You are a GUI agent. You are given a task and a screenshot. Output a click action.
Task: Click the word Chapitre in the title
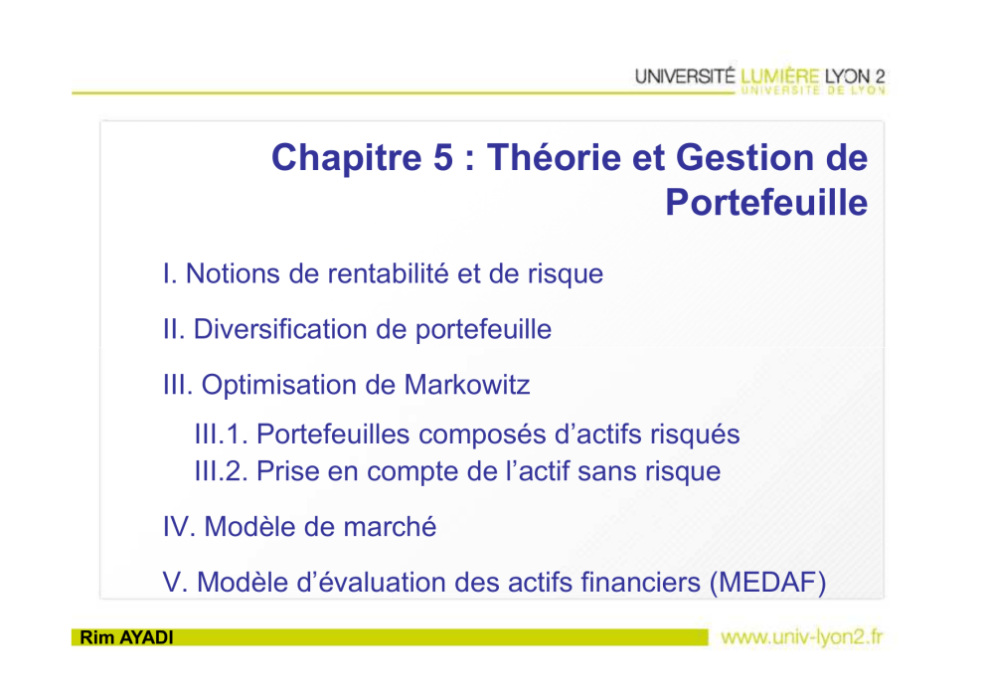tap(347, 158)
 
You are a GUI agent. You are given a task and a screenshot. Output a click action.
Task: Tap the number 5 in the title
tap(442, 157)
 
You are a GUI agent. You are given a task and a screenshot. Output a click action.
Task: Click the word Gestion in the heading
tap(745, 157)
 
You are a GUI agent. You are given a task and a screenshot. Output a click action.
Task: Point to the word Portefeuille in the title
tap(766, 202)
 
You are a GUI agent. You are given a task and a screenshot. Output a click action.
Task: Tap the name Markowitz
tap(466, 385)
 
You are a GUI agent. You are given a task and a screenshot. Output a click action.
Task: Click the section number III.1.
tap(222, 435)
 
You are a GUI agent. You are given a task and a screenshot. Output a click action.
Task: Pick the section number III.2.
tap(222, 471)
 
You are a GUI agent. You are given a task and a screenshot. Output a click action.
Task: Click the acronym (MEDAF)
tap(767, 583)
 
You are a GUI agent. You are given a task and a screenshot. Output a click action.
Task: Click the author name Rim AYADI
tap(126, 637)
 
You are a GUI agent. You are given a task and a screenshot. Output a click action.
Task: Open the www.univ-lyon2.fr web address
tap(802, 637)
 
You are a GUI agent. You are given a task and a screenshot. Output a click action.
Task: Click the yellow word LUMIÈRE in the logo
tap(779, 77)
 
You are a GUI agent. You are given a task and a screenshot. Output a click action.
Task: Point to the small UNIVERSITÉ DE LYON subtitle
tap(813, 90)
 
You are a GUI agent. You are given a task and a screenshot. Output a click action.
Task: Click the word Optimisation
tap(296, 385)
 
